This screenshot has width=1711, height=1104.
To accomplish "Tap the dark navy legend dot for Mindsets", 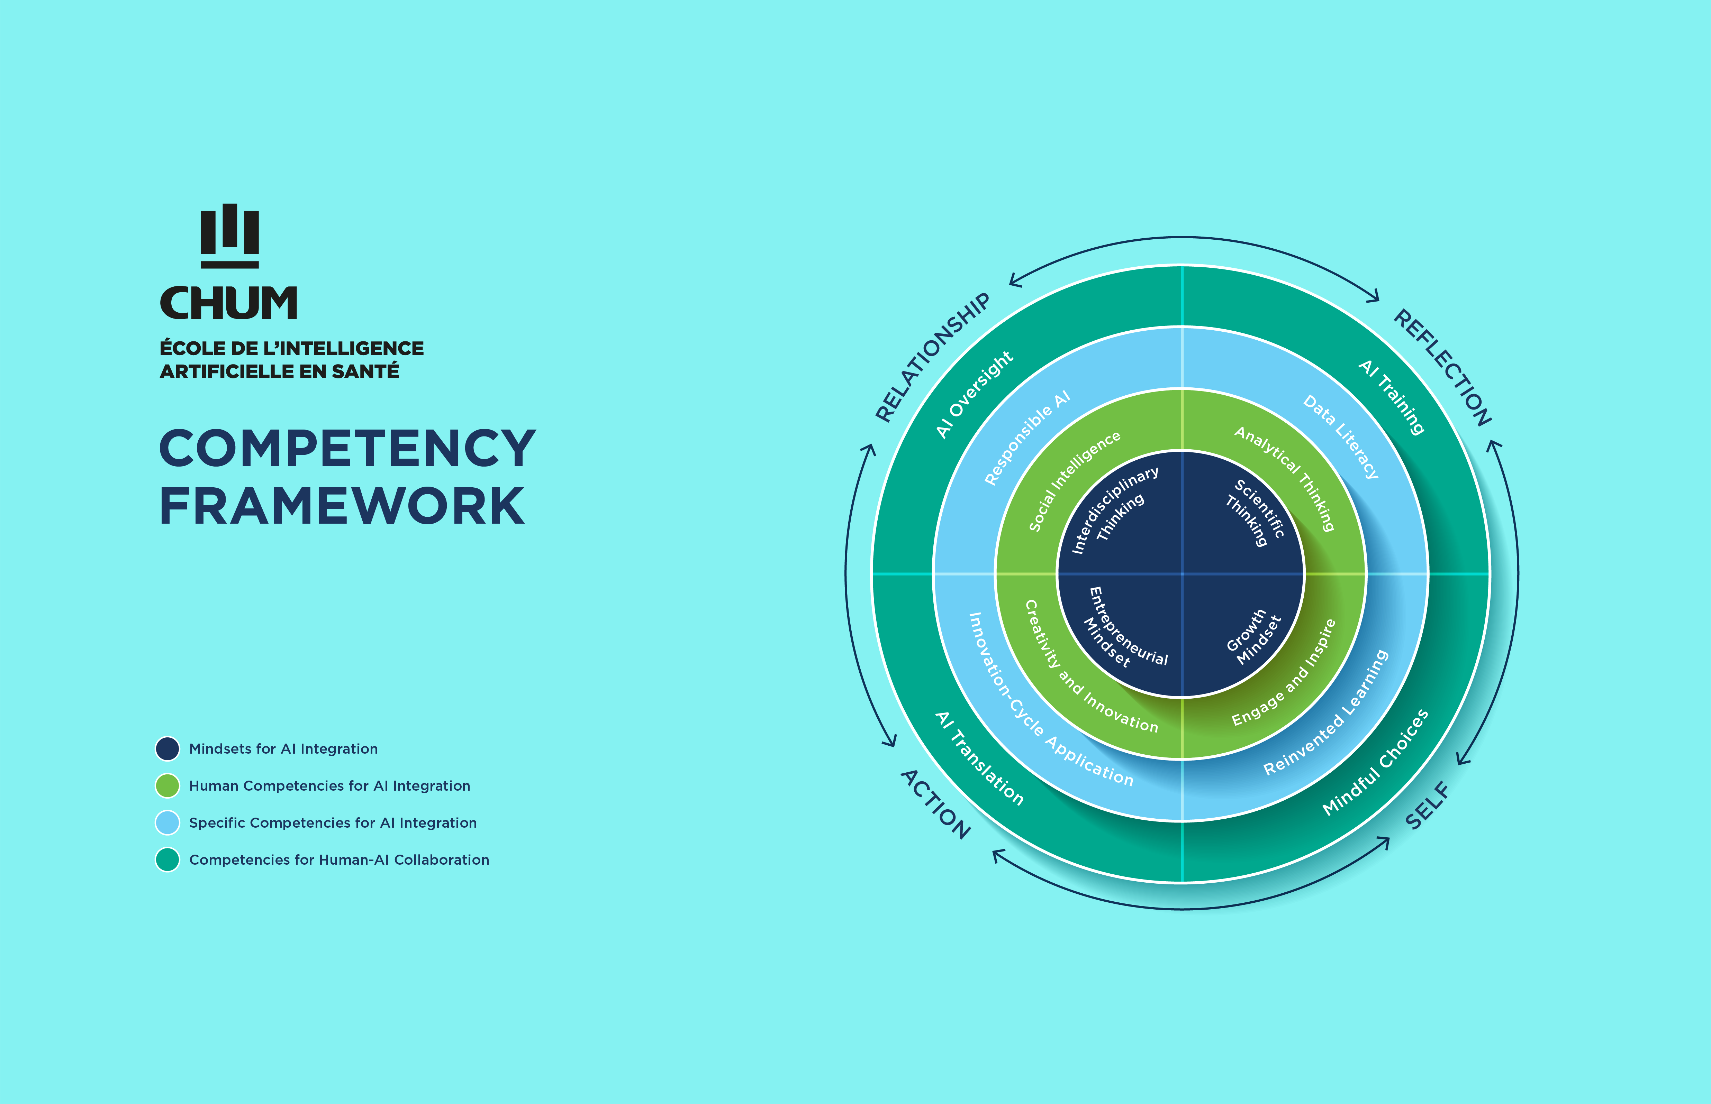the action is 167,748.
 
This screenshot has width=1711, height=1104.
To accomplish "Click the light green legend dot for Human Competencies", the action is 167,786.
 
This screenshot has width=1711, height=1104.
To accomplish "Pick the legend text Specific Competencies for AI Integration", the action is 333,823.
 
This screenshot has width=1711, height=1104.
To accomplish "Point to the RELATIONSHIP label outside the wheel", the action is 932,357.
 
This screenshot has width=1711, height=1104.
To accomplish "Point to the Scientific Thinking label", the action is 1255,513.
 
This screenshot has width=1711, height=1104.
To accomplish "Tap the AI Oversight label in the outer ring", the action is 974,394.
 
